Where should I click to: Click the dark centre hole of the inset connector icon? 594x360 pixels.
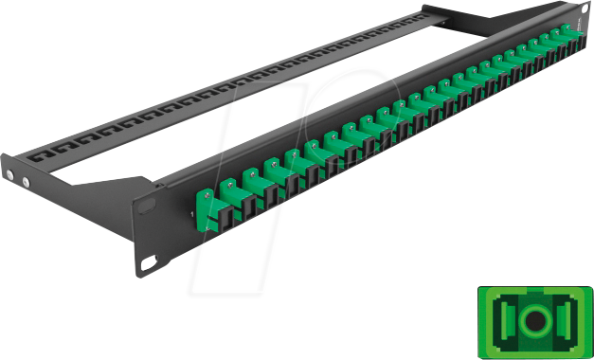click(x=533, y=320)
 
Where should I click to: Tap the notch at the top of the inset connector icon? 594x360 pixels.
click(x=533, y=297)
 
